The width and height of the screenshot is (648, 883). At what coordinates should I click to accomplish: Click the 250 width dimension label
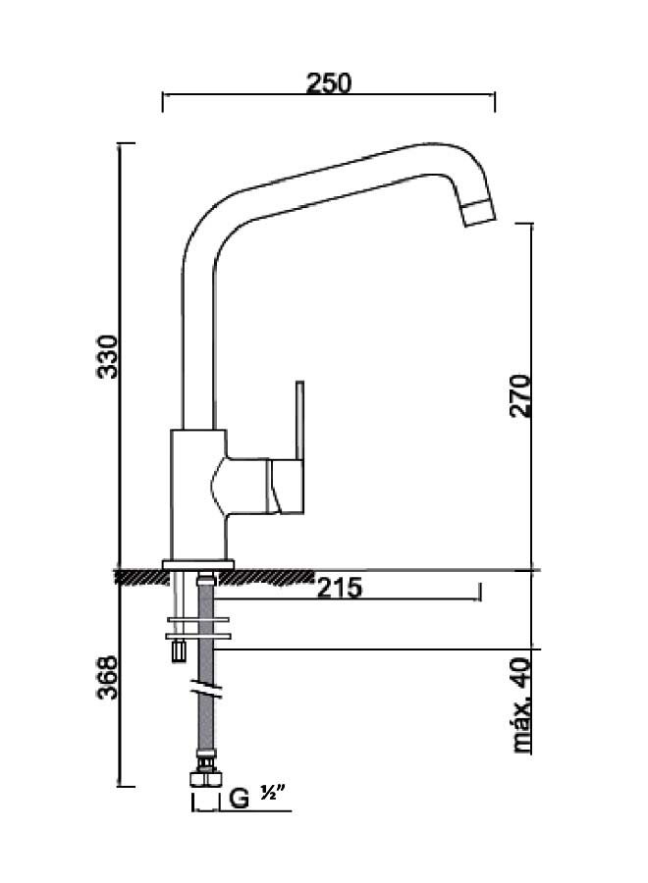pos(328,83)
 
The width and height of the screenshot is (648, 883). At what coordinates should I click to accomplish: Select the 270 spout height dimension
pos(521,395)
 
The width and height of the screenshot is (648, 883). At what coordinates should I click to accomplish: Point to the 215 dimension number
pos(340,589)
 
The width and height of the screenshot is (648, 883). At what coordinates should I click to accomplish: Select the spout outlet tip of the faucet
pos(478,212)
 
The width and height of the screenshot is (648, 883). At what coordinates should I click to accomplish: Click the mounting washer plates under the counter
pos(199,629)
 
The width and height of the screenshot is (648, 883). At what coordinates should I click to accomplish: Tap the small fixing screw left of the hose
pos(179,650)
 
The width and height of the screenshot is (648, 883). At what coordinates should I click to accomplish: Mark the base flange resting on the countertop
pos(199,563)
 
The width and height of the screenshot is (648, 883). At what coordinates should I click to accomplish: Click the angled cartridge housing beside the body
pos(244,484)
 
